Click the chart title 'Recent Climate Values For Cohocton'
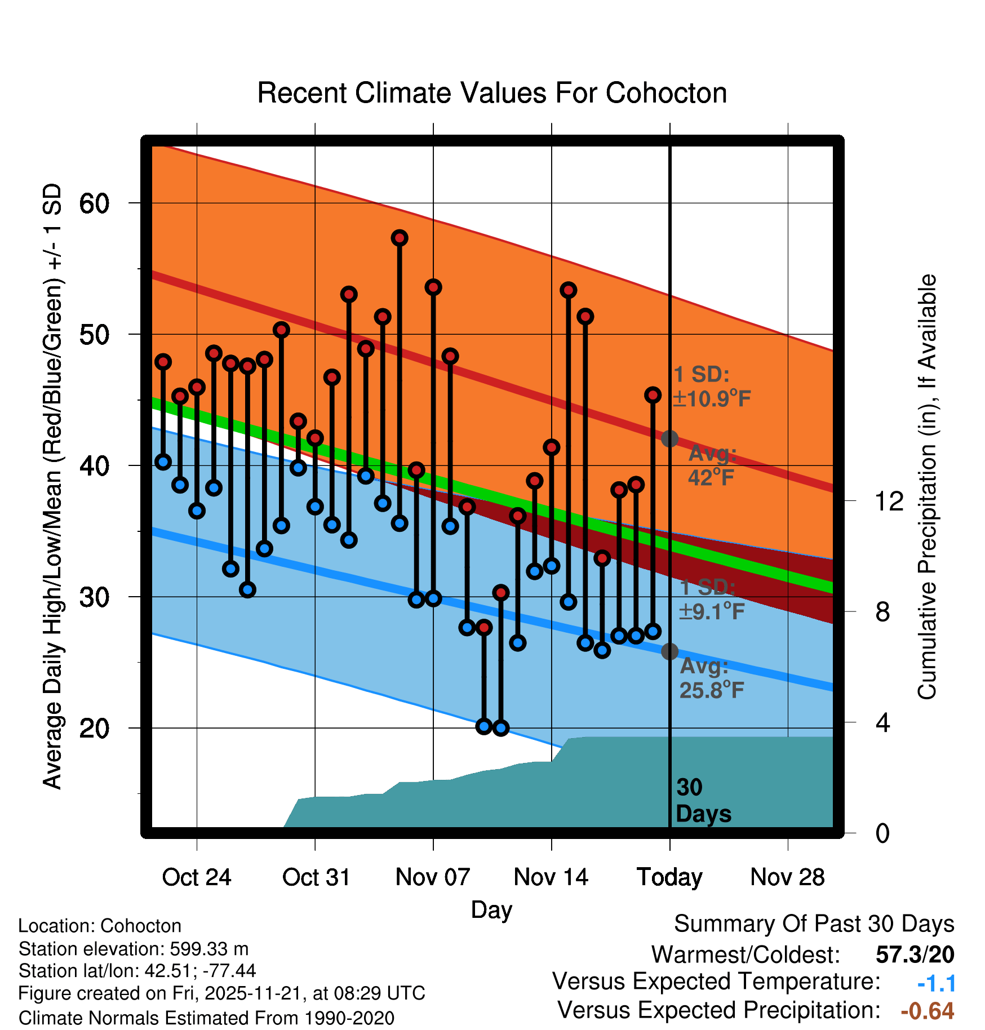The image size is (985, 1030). [492, 93]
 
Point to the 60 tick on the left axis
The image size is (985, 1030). [94, 203]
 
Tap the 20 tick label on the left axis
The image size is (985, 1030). [94, 729]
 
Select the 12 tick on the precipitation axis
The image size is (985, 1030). [889, 501]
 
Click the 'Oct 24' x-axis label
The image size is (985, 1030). [197, 877]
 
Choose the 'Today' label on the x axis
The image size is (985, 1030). [669, 877]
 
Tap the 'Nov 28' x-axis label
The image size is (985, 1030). [787, 877]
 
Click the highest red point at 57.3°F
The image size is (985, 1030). [400, 238]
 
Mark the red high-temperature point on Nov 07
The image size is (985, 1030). [433, 287]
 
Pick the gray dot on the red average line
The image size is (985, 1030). [669, 438]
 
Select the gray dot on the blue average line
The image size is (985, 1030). [669, 651]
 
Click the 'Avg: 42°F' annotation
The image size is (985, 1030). [712, 465]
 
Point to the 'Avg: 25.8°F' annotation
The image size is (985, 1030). [712, 678]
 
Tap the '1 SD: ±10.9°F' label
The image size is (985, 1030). [712, 387]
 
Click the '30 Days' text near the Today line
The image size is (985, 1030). [703, 801]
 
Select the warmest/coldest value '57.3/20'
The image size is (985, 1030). [915, 954]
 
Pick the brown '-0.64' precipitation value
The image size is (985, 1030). [927, 1011]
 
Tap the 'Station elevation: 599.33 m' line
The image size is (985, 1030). [134, 949]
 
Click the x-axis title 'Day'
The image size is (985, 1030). [491, 909]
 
